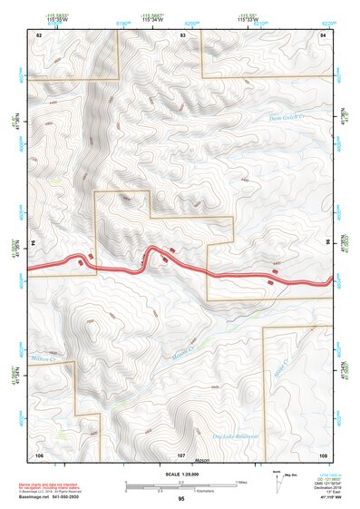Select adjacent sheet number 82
39,34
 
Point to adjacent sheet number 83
183,34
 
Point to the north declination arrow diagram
277,477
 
